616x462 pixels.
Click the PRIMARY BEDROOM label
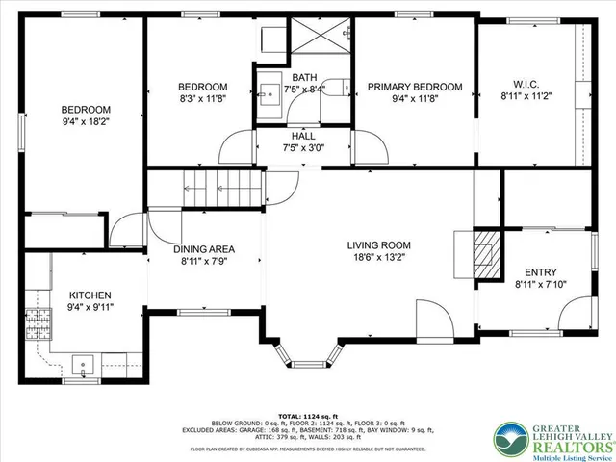pyautogui.click(x=415, y=87)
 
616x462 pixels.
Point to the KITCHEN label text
pyautogui.click(x=90, y=295)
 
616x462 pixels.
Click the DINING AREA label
pyautogui.click(x=203, y=249)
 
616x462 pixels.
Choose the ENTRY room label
pyautogui.click(x=537, y=271)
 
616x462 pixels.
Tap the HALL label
pyautogui.click(x=303, y=136)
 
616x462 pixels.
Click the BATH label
pyautogui.click(x=304, y=77)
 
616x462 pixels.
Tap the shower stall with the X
pyautogui.click(x=321, y=42)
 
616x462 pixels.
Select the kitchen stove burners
pyautogui.click(x=39, y=321)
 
